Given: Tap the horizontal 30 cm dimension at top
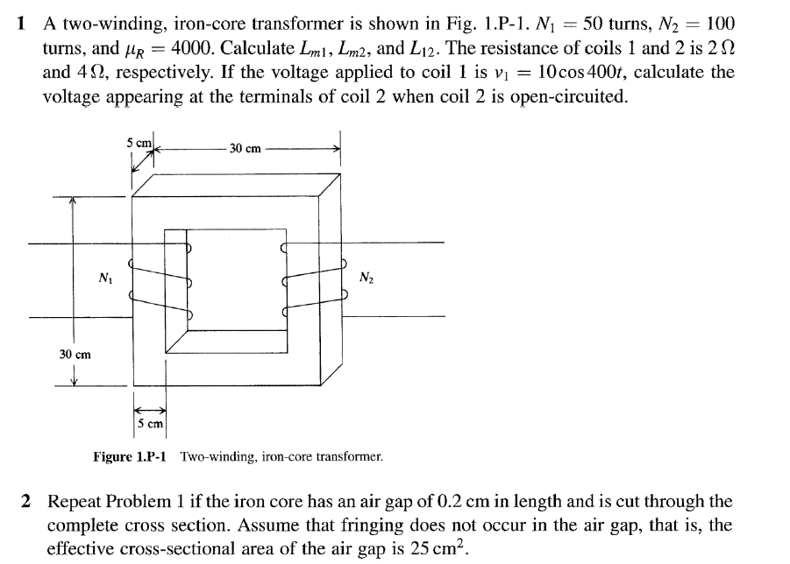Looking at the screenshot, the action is (246, 148).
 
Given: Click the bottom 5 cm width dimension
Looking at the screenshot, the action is (151, 425).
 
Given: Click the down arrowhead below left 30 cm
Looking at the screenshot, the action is (74, 378).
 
